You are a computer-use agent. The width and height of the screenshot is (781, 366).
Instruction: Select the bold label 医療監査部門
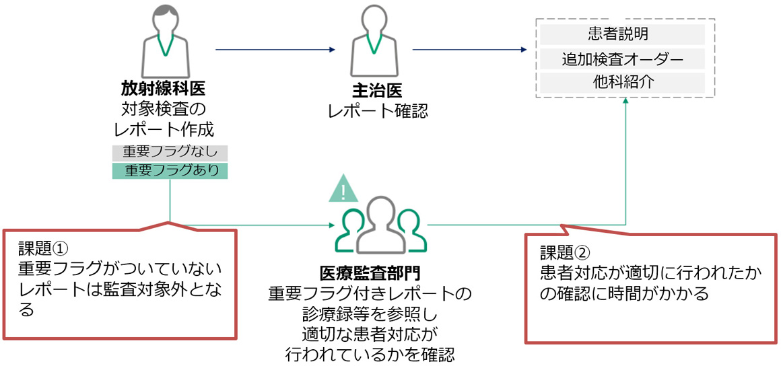(x=370, y=273)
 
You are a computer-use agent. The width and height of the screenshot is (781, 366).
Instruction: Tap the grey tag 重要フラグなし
(x=170, y=153)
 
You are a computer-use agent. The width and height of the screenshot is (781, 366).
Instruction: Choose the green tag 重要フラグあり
(x=170, y=171)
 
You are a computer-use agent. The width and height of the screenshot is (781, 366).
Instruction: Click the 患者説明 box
(x=622, y=34)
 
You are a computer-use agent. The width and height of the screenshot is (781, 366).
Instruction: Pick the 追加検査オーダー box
(x=622, y=59)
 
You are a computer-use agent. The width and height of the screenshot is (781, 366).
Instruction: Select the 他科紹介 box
(x=622, y=83)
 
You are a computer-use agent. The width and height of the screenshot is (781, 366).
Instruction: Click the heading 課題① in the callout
(x=43, y=248)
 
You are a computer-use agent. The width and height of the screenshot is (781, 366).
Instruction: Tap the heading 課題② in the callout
(x=566, y=252)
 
